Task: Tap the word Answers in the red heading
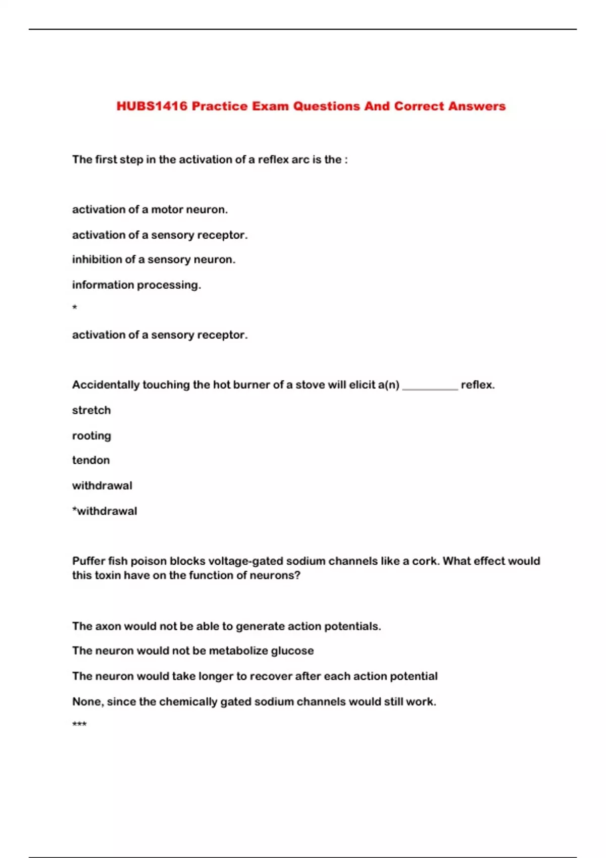[x=477, y=106]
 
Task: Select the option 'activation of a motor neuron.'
[x=150, y=209]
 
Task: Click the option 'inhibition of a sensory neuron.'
[x=154, y=259]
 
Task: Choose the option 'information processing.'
[x=136, y=285]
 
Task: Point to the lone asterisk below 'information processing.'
[x=75, y=307]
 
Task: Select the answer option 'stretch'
[x=91, y=410]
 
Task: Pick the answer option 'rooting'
[x=91, y=436]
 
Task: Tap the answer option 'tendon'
[x=91, y=460]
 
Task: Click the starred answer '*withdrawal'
[x=105, y=511]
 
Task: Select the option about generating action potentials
[x=226, y=626]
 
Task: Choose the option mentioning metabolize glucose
[x=193, y=651]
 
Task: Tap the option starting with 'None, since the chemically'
[x=254, y=702]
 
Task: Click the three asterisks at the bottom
[x=79, y=725]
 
